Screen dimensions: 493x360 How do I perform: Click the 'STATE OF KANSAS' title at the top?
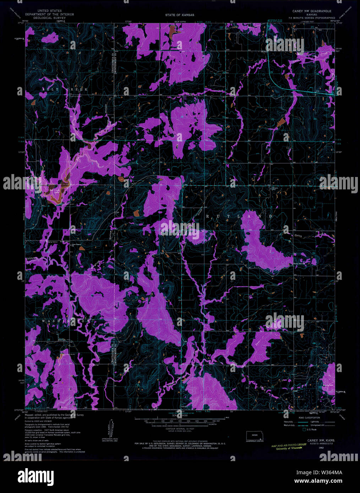tap(179, 15)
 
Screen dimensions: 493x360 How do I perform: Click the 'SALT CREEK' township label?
tap(65, 90)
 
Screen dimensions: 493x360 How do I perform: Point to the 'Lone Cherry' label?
tap(77, 244)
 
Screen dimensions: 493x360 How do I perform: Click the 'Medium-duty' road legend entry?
tap(289, 425)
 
